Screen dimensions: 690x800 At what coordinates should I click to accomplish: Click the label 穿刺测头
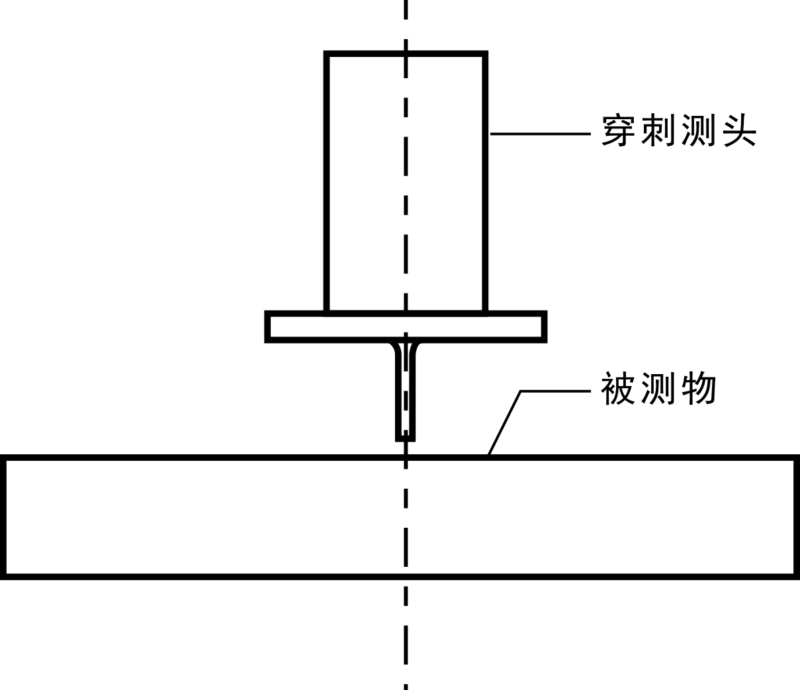(678, 130)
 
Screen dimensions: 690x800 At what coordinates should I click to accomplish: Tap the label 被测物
(658, 389)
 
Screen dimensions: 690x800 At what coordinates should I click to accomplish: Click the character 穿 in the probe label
(619, 130)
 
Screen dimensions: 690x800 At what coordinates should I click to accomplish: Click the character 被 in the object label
(619, 389)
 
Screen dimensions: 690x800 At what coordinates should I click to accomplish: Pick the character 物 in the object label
(699, 389)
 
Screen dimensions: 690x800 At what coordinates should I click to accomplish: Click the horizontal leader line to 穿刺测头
(539, 134)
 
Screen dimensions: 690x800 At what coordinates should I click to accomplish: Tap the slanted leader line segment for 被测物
(504, 422)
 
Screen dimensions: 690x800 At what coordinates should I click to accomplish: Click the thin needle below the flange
(406, 397)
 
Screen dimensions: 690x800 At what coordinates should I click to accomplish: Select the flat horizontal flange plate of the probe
(463, 326)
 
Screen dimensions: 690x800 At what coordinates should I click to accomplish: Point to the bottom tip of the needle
(406, 439)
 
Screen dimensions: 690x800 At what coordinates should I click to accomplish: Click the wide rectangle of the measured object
(199, 517)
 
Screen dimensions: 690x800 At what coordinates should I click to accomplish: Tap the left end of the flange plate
(267, 326)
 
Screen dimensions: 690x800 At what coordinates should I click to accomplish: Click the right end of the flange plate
(545, 326)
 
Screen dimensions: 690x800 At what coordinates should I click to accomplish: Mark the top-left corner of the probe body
(326, 54)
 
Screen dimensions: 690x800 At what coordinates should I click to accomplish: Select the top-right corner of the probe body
(486, 54)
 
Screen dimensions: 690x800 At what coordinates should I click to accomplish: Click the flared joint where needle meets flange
(406, 347)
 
